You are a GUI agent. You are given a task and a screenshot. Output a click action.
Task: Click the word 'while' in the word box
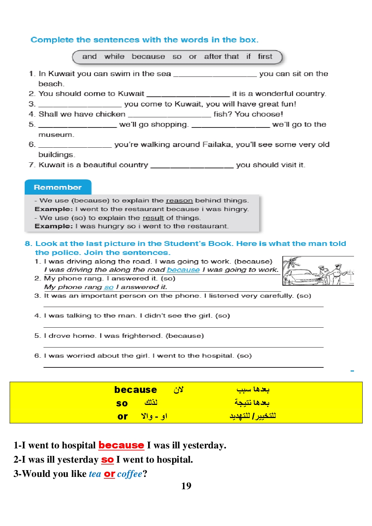(x=114, y=57)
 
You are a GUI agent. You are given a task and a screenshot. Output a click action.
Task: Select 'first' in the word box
(x=265, y=57)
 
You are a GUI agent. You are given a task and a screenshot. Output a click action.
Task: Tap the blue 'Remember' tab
(x=58, y=187)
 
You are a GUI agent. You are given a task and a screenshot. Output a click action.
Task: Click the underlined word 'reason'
(x=179, y=201)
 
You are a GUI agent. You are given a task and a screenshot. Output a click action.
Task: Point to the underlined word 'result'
(x=153, y=218)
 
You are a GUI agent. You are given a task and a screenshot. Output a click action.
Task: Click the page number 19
(x=186, y=486)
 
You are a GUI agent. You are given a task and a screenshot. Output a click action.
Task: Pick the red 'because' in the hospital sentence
(x=121, y=445)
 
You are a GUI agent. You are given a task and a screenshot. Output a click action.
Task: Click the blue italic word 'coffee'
(x=129, y=474)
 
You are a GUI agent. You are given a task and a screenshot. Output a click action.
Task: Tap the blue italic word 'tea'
(x=95, y=474)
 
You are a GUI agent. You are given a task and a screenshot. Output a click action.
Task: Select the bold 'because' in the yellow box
(x=135, y=390)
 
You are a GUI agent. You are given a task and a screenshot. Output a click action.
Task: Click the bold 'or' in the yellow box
(x=122, y=417)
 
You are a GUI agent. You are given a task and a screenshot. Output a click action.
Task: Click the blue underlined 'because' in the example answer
(x=183, y=270)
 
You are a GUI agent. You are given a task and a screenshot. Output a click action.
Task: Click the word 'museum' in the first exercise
(x=56, y=135)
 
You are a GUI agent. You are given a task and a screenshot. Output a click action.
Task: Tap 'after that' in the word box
(x=221, y=57)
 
